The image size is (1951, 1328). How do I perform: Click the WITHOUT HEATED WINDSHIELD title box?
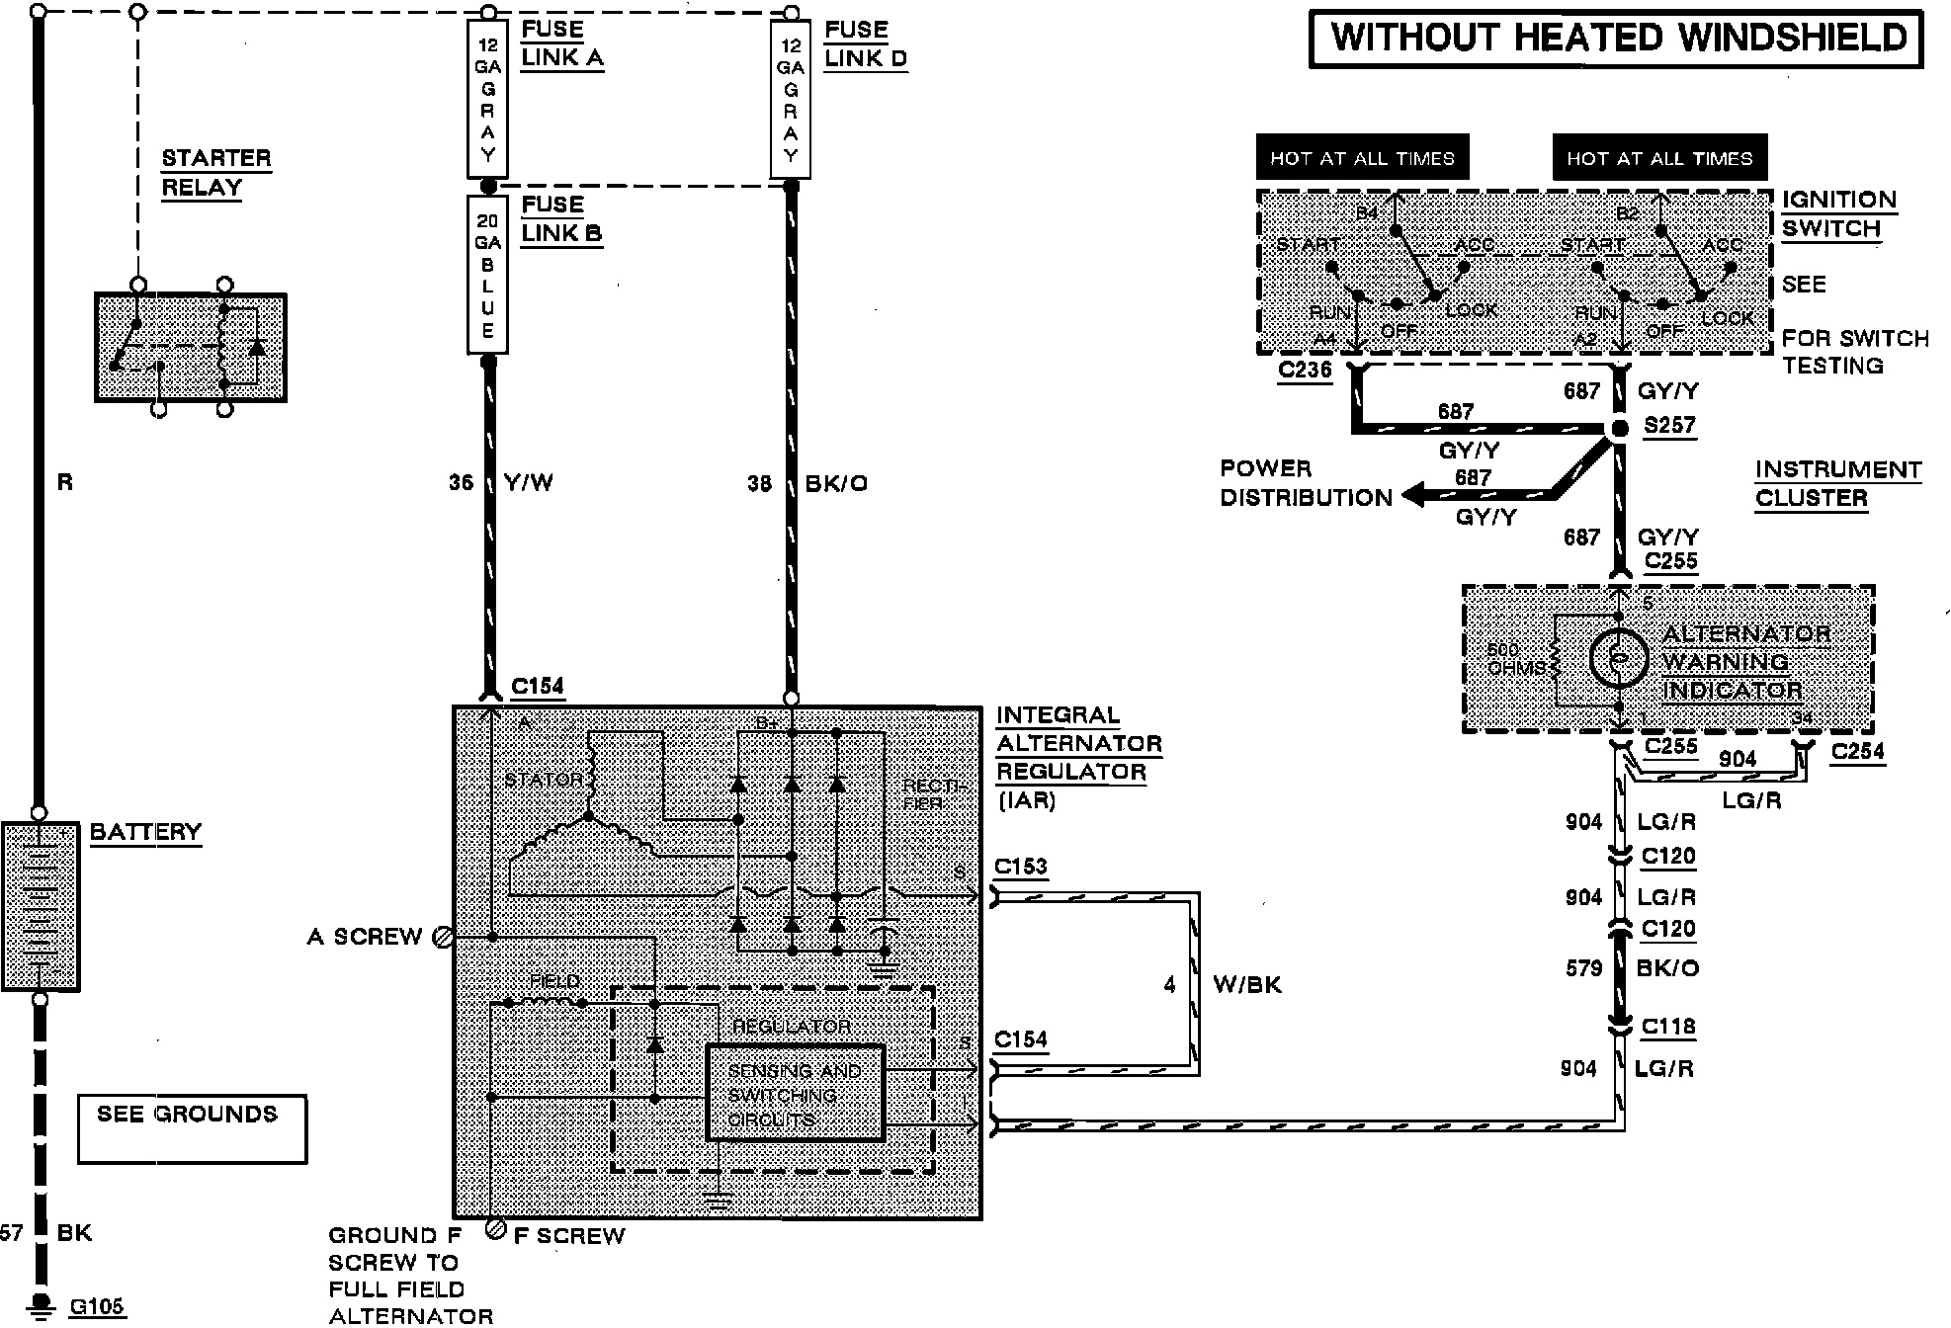click(1617, 39)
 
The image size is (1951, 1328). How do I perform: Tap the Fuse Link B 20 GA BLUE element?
click(487, 275)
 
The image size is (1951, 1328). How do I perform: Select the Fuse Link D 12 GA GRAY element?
click(790, 100)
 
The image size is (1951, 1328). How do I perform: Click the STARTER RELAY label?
click(215, 173)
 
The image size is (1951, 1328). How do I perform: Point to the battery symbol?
click(41, 905)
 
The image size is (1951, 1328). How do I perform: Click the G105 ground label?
click(97, 1307)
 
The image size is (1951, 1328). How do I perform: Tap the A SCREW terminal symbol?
click(444, 937)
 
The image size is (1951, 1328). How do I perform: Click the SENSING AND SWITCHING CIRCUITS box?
click(796, 1094)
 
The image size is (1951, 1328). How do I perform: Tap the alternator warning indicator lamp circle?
click(1618, 657)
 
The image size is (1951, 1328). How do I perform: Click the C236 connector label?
click(1305, 371)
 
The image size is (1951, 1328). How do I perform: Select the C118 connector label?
click(1668, 1027)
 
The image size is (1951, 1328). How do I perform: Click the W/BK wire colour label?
click(1247, 985)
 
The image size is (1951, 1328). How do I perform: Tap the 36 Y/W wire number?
click(461, 483)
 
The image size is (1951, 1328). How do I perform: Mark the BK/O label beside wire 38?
click(836, 484)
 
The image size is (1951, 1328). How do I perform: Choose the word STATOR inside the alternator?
click(544, 780)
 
